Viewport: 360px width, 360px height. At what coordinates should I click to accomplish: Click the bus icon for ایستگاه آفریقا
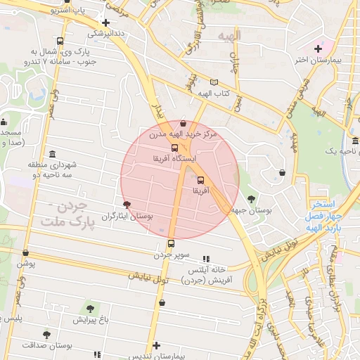coord(174,148)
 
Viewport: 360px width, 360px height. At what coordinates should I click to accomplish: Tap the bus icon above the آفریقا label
coord(201,180)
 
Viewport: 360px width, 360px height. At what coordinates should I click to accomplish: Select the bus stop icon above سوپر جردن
coord(171,244)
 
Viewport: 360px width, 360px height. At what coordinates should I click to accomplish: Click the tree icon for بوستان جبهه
coord(252,199)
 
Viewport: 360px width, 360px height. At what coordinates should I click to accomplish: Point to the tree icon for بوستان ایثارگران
coord(127,205)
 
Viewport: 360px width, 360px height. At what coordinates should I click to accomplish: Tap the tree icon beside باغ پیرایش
coord(89,308)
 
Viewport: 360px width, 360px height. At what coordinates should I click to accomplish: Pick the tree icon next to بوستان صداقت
coord(47,335)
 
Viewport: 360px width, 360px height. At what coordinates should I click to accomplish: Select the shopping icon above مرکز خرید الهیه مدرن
coord(184,123)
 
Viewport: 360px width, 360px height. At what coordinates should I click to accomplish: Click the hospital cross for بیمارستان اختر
coord(318,49)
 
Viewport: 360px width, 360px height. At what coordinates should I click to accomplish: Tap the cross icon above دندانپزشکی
coord(105,22)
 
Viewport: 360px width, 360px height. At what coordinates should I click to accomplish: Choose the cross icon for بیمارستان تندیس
coord(156,345)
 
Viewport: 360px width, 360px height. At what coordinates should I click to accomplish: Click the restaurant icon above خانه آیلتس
coord(206,259)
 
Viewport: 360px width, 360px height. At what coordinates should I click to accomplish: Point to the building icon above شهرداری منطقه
coord(53,155)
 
